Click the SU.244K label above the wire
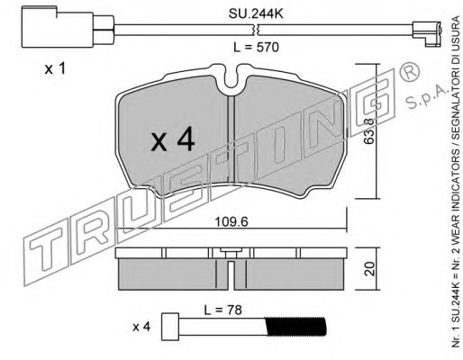point(256,14)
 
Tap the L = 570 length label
point(256,47)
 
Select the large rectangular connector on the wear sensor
point(58,27)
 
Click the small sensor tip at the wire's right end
point(427,33)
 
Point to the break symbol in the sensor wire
point(256,30)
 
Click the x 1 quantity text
point(55,69)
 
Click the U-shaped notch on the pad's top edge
point(231,79)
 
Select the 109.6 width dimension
point(231,222)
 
